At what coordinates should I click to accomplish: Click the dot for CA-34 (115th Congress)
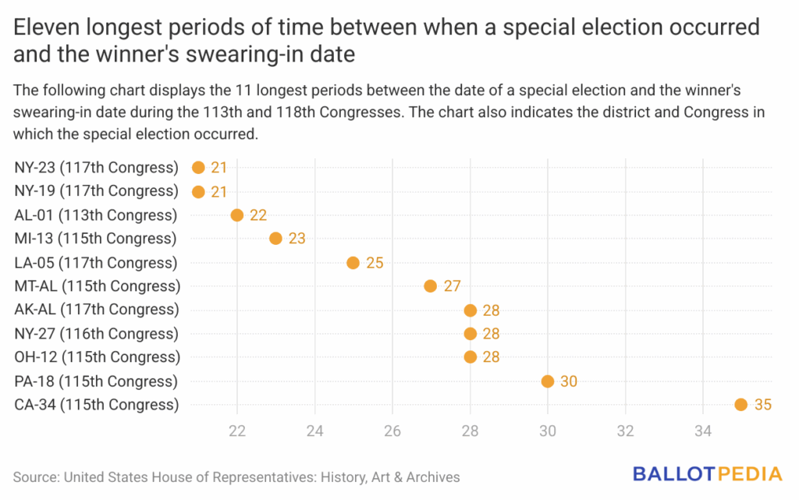tap(740, 405)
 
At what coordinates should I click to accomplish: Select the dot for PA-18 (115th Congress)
tap(547, 381)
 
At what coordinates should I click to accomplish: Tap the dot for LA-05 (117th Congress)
tap(353, 262)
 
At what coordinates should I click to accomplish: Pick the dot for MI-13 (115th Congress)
tap(275, 239)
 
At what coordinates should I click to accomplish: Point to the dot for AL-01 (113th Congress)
tap(237, 215)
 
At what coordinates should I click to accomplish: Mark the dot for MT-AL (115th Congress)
tap(431, 286)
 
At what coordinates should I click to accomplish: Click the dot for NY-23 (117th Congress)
tap(198, 167)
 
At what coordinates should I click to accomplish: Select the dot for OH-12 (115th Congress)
tap(470, 357)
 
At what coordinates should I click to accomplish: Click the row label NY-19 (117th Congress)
tap(96, 191)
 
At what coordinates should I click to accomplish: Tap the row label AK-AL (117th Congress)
tap(96, 310)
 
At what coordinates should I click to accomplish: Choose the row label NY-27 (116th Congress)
tap(96, 334)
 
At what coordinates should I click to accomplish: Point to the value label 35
tap(764, 405)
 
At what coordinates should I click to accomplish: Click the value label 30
tap(570, 381)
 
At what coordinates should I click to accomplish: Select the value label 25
tap(375, 262)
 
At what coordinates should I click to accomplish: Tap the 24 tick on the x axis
tap(314, 431)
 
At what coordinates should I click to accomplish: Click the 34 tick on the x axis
tap(702, 431)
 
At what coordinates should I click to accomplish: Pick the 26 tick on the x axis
tap(392, 431)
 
